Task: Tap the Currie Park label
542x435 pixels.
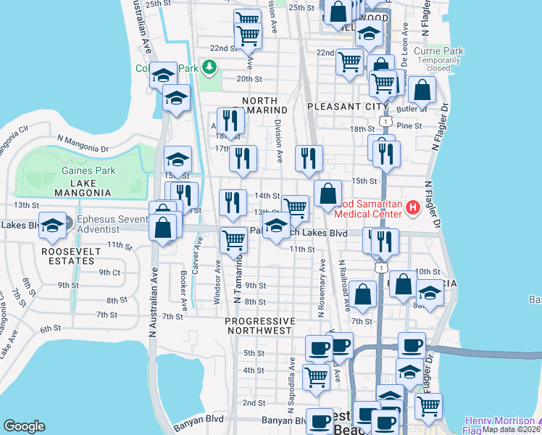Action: (438, 51)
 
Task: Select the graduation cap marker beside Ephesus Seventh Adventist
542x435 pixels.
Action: (53, 226)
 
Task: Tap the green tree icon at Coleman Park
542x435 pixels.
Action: (209, 68)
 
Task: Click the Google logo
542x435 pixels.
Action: (24, 426)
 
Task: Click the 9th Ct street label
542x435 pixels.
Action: (109, 273)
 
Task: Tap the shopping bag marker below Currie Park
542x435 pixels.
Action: (422, 91)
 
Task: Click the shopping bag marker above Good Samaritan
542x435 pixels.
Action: (328, 194)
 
